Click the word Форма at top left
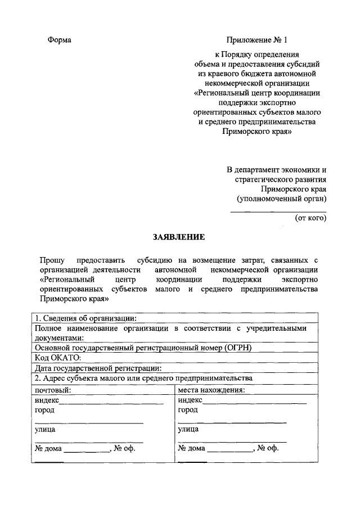59,40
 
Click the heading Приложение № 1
256,40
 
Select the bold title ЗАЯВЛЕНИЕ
179,237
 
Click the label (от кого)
310,218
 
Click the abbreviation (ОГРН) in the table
240,347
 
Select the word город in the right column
188,410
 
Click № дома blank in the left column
87,450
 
